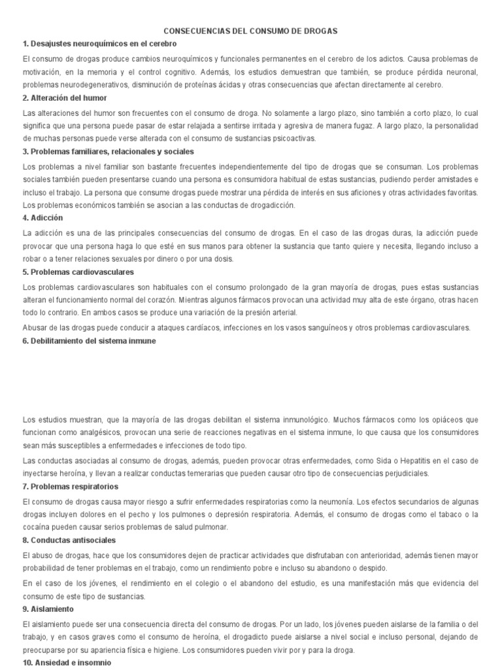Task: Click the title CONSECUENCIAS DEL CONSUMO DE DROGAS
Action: click(x=251, y=31)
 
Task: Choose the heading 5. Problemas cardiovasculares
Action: click(x=78, y=272)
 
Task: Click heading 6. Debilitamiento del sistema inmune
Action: click(x=90, y=340)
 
